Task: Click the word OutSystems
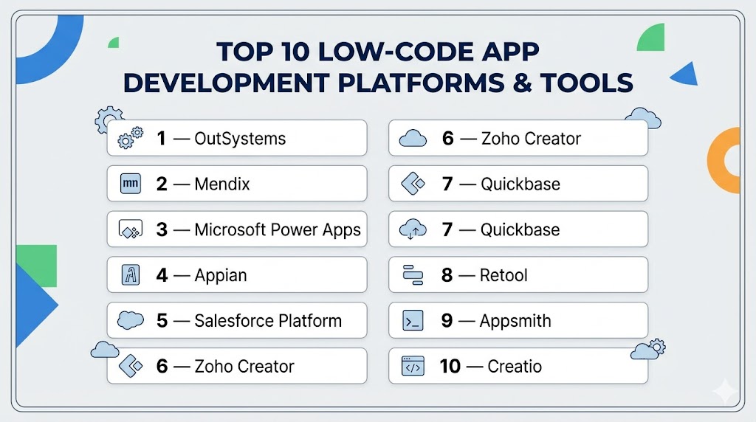240,139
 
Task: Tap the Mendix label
221,184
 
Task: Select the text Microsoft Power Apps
278,230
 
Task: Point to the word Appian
220,276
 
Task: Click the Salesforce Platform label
267,321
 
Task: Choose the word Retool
504,275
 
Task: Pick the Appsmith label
515,322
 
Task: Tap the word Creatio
515,367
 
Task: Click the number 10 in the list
450,367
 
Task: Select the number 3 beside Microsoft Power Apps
162,229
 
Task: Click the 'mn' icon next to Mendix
130,184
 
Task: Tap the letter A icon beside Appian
130,275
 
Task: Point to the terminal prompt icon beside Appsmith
413,321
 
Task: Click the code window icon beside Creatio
413,366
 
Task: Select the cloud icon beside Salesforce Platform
130,320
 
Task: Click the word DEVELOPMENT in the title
227,83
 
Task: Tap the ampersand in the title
522,83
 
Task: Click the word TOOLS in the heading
586,83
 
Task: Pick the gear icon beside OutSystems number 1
130,138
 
